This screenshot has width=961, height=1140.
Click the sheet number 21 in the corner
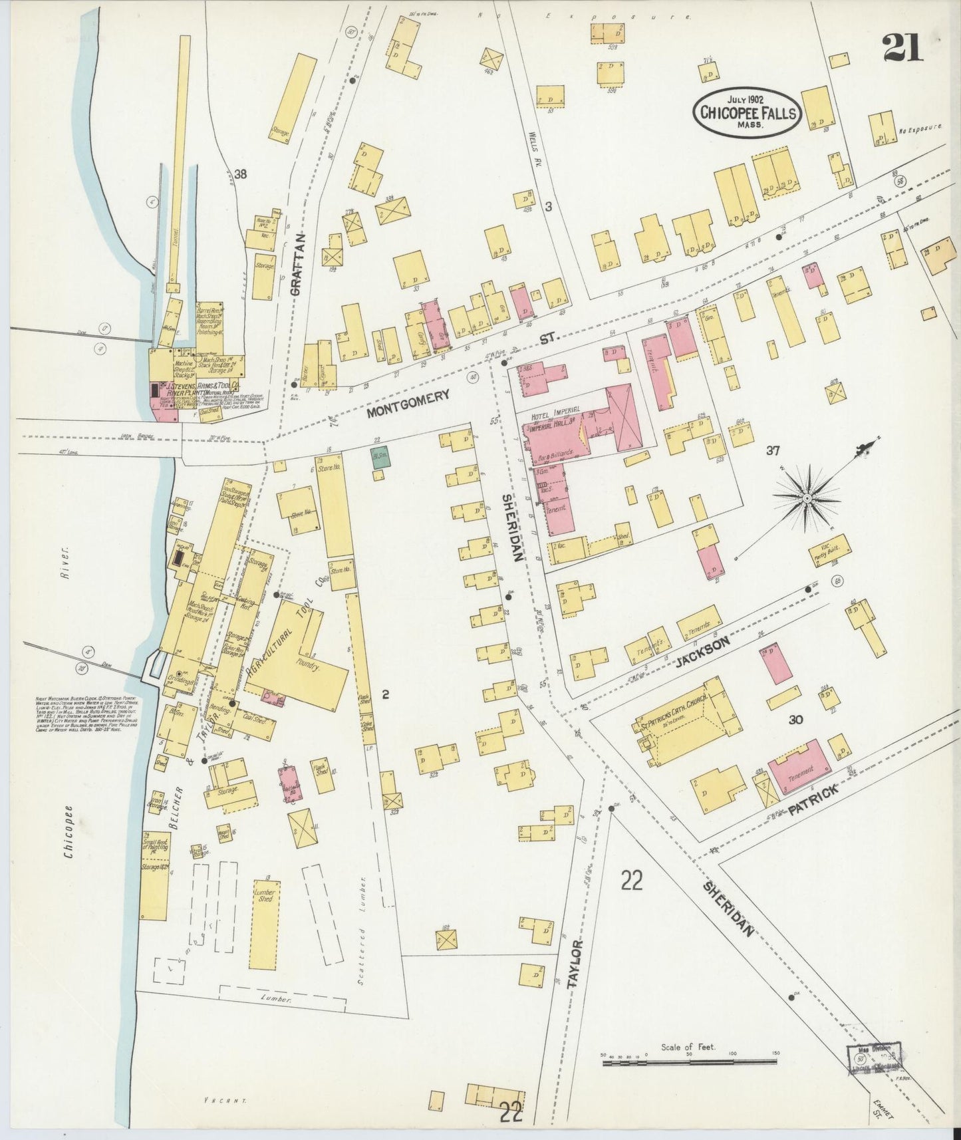click(x=903, y=48)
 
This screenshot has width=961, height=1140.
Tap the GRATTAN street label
click(x=299, y=264)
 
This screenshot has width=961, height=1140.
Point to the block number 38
click(x=240, y=174)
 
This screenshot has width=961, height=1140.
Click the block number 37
click(x=771, y=450)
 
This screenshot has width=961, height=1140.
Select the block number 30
click(x=795, y=719)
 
